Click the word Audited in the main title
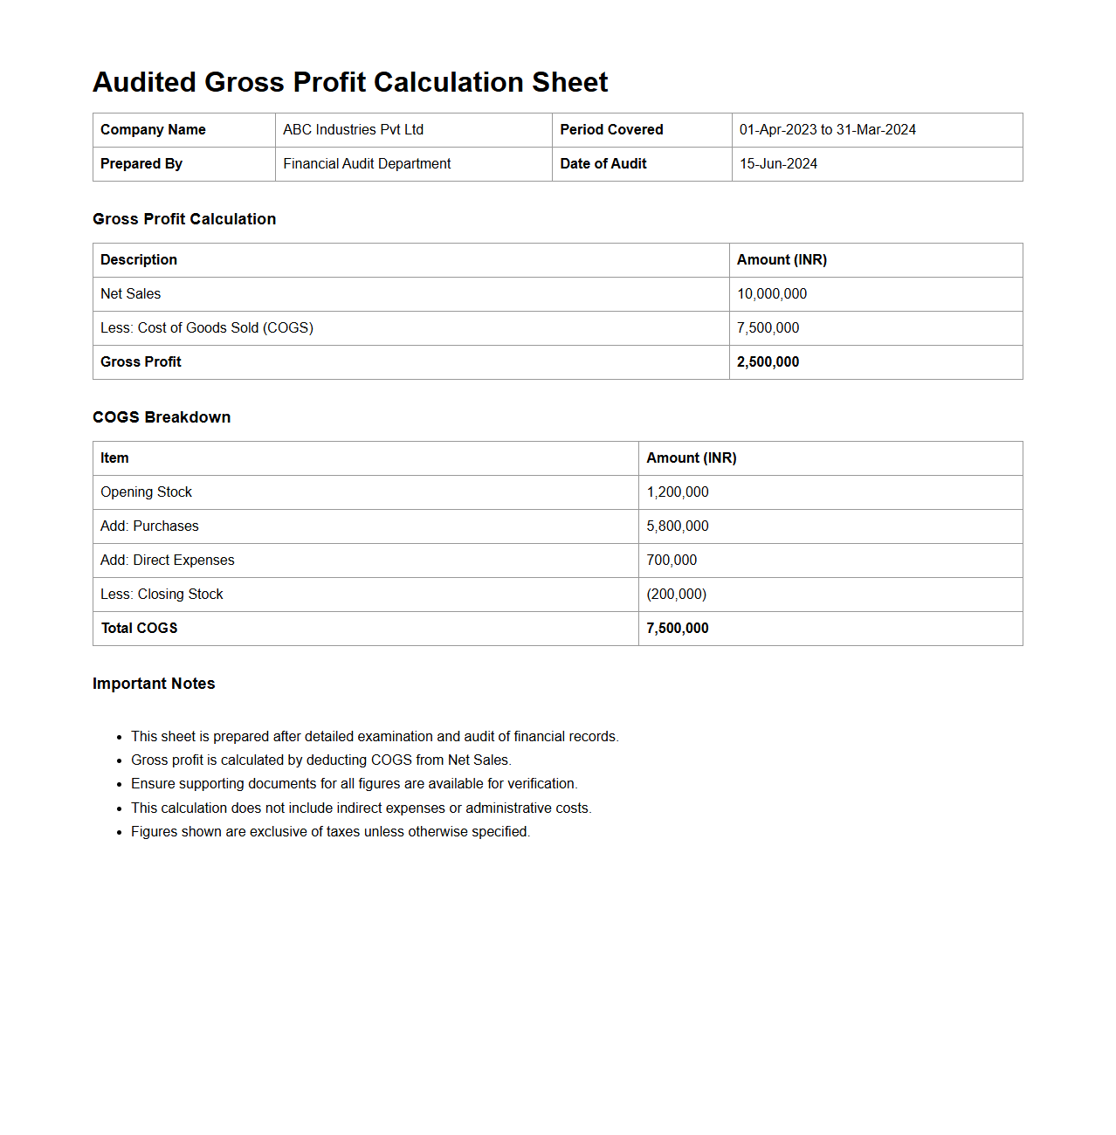tap(144, 82)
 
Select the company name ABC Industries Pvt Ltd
tap(353, 130)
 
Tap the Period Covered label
tap(611, 130)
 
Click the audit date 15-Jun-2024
tap(778, 164)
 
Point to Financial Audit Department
tap(367, 164)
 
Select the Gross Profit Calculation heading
tap(184, 219)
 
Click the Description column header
tap(139, 260)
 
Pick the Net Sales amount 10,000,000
tap(772, 294)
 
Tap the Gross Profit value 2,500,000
tap(768, 362)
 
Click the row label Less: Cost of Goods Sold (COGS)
tap(207, 328)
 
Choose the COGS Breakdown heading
tap(162, 417)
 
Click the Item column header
tap(114, 458)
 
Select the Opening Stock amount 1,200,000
tap(678, 492)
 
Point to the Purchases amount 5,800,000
tap(678, 526)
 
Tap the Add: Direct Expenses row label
tap(168, 561)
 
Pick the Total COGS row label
tap(140, 629)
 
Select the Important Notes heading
tap(154, 684)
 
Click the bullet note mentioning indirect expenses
tap(361, 808)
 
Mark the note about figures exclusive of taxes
tap(330, 832)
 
